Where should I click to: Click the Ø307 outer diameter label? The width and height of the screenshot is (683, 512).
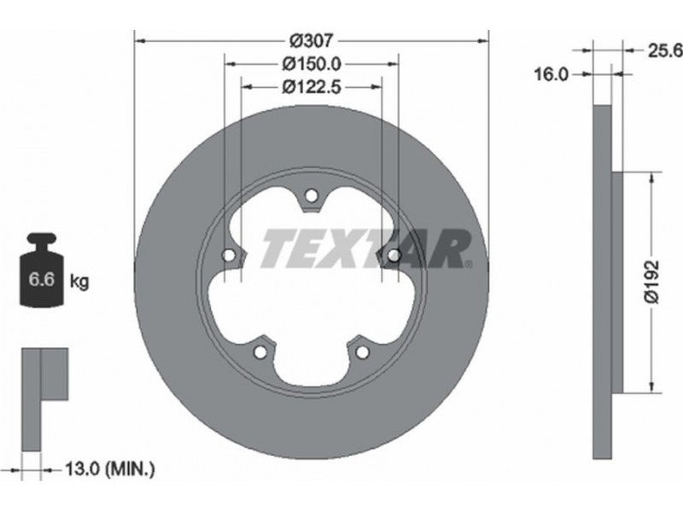(x=311, y=41)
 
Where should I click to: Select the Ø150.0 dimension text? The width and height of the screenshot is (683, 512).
(x=311, y=64)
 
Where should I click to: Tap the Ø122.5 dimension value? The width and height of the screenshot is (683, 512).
(x=311, y=88)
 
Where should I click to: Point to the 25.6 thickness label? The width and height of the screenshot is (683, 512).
(x=665, y=51)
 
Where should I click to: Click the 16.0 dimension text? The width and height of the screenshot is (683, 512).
(x=552, y=75)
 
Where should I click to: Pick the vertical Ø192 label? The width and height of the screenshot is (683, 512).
(x=651, y=282)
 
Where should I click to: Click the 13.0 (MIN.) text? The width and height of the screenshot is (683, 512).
(x=110, y=469)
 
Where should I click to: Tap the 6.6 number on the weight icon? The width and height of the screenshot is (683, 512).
(x=41, y=279)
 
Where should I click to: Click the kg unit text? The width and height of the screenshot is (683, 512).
(x=79, y=282)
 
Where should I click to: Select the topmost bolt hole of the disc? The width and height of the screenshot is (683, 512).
(x=311, y=196)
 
